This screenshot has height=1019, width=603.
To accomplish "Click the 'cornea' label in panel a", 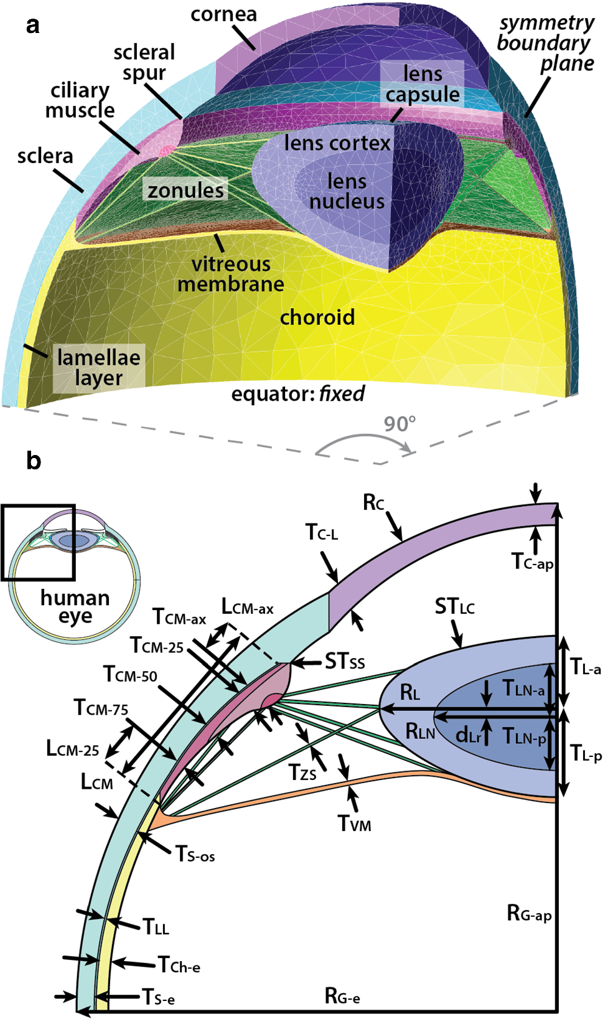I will (x=223, y=14).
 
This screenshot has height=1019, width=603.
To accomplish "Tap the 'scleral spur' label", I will (x=144, y=62).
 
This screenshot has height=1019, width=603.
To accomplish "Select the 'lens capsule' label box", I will (x=423, y=84).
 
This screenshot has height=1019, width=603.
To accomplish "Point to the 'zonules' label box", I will (x=185, y=190).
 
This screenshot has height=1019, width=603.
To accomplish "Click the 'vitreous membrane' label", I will (x=230, y=274).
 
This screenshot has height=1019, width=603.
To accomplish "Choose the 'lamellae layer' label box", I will (x=98, y=368).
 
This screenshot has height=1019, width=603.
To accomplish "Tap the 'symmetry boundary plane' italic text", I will (x=546, y=43).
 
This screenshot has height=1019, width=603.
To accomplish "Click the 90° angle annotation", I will (x=399, y=424).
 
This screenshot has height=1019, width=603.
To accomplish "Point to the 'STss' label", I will (x=345, y=661).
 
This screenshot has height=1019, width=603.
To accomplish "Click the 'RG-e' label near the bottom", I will (x=342, y=997).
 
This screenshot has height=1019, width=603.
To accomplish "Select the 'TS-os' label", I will (x=195, y=854).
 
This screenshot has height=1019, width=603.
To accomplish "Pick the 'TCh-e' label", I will (x=179, y=965).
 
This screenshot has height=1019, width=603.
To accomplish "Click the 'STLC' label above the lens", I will (x=454, y=606).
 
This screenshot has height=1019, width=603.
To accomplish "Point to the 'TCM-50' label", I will (x=130, y=674).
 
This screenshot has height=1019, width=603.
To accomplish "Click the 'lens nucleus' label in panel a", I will (x=347, y=191).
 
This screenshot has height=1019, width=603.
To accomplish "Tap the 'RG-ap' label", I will (x=529, y=914).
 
